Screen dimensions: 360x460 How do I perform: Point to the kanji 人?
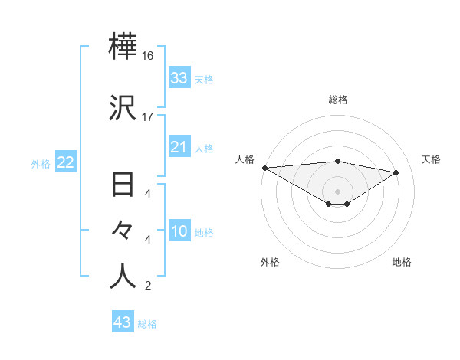coord(123,277)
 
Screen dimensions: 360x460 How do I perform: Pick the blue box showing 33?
coord(179,77)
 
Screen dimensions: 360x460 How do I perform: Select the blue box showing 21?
coord(179,147)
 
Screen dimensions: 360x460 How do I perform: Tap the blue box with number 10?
coord(179,231)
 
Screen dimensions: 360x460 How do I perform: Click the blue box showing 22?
coord(65,162)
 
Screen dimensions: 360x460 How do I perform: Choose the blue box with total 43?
coord(123,322)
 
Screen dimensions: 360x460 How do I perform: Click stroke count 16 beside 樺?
coord(148,56)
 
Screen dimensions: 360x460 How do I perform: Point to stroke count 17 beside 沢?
coord(148,117)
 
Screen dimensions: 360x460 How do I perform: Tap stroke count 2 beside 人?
coord(148,286)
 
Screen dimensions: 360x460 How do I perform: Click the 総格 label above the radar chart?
coord(338,100)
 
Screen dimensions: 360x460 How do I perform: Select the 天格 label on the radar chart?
coord(431,159)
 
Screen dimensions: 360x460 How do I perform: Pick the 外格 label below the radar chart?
coord(270,262)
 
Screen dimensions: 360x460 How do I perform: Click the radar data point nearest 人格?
coord(264,168)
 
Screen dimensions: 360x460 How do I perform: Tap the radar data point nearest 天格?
coord(396,172)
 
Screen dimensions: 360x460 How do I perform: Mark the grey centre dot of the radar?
coord(338,191)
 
